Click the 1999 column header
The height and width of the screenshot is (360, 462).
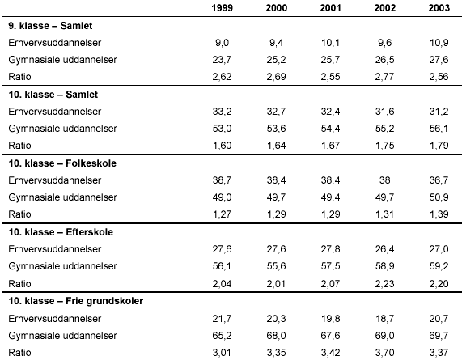coord(223,7)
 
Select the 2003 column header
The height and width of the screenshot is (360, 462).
coord(439,7)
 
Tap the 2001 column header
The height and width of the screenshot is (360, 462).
coord(331,7)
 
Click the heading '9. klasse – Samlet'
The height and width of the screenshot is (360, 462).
coord(50,26)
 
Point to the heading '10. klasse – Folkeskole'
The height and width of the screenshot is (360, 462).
coord(62,163)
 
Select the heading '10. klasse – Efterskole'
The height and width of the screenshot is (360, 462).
coord(61,232)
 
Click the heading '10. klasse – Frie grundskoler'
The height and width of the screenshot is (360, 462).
coord(76,301)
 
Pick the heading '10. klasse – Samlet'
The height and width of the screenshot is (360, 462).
coord(53,95)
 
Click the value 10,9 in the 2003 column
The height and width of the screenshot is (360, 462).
coord(439,43)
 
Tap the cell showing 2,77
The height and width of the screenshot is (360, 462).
coord(385,77)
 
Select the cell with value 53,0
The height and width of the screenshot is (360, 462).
coord(223,129)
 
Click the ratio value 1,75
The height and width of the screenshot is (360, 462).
coord(385,146)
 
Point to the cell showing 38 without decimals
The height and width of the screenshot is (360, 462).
coord(385,180)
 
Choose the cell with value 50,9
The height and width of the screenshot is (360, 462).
coord(439,197)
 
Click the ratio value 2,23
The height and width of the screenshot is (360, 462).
coord(385,284)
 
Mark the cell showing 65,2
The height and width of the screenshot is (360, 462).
coord(223,336)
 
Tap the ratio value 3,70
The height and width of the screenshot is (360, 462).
coord(385,353)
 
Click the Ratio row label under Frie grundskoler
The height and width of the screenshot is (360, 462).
coord(19,353)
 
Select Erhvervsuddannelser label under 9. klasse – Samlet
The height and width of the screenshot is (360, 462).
coord(55,43)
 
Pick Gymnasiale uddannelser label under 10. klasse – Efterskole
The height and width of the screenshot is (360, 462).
coord(63,266)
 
